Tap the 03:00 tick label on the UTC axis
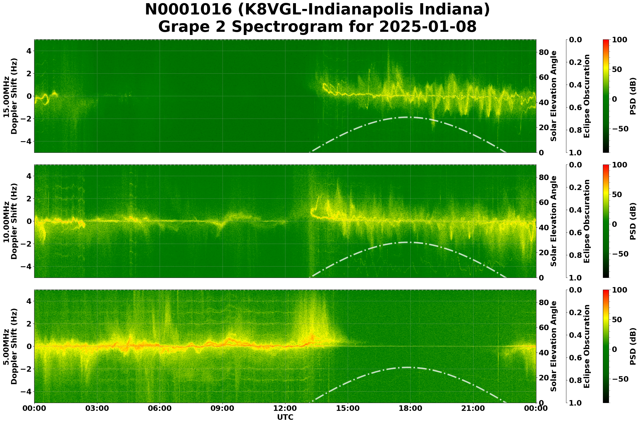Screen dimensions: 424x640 tap(97, 408)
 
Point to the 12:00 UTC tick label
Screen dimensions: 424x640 tap(285, 408)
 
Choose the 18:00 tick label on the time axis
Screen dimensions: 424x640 tap(411, 408)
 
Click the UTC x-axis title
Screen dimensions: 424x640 tap(285, 417)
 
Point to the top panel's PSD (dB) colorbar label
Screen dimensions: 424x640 tap(633, 96)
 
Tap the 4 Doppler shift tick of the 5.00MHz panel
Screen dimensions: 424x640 tap(28, 301)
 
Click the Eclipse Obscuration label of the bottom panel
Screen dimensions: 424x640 tap(586, 346)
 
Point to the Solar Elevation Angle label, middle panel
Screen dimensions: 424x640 tap(554, 221)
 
